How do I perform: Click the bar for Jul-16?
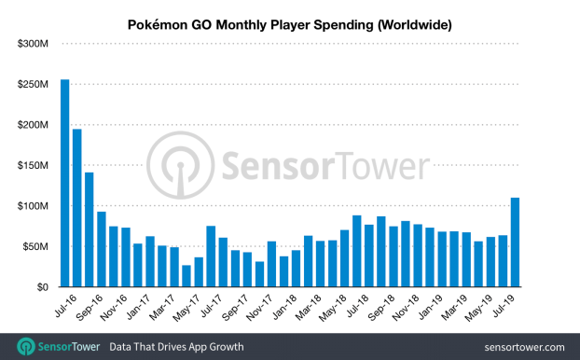[64, 183]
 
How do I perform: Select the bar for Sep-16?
[90, 229]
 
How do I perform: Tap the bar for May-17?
[186, 276]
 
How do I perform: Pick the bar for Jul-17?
[211, 256]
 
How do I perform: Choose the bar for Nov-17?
[259, 274]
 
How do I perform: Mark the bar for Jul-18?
[357, 251]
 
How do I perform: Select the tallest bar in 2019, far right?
[515, 242]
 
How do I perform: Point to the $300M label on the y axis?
[33, 44]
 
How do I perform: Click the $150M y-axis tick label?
[33, 165]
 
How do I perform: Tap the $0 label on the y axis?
[42, 287]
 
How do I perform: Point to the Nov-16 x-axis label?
[114, 308]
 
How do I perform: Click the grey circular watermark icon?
[181, 165]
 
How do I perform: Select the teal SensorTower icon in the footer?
[26, 347]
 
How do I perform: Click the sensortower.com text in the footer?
[524, 347]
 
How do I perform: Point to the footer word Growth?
[227, 347]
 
